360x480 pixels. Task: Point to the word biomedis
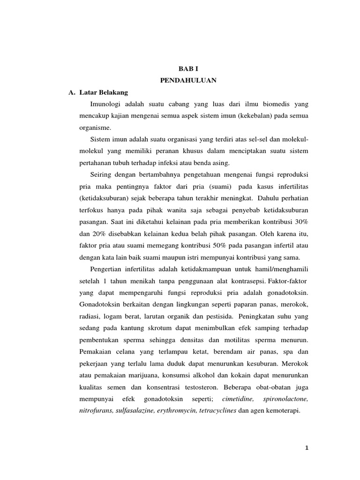[x=269, y=103]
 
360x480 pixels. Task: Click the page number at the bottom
[x=306, y=448]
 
